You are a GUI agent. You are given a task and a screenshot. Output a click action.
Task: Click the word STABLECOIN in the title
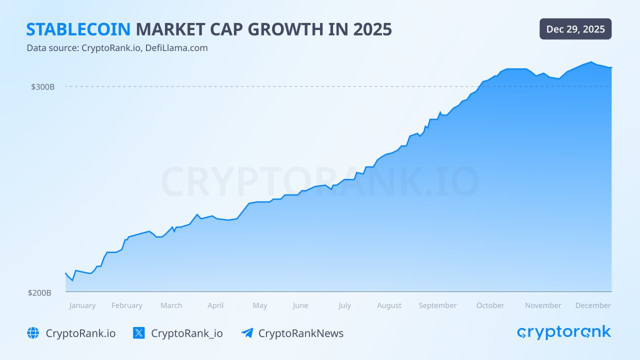click(x=78, y=29)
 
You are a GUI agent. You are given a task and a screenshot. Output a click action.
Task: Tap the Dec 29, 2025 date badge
click(x=575, y=29)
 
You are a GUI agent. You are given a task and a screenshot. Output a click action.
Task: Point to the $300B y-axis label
click(x=43, y=87)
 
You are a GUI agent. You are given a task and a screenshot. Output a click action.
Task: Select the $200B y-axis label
click(x=39, y=293)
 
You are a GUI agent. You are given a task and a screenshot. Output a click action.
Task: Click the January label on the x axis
click(x=82, y=305)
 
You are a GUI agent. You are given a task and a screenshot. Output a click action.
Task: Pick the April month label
click(x=215, y=305)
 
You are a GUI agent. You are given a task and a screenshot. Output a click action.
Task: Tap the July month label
click(x=344, y=305)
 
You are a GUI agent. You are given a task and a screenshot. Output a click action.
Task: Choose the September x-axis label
click(x=437, y=305)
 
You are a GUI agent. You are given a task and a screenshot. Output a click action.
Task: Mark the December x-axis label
click(x=593, y=305)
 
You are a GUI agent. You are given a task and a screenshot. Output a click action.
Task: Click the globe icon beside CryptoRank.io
click(x=33, y=333)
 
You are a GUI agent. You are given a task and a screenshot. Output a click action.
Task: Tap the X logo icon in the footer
click(x=139, y=333)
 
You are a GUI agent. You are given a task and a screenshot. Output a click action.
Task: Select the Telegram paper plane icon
click(x=247, y=333)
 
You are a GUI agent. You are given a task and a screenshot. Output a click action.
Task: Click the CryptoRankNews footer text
click(x=301, y=333)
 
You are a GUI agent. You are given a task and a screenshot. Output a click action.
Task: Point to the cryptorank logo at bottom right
click(x=564, y=332)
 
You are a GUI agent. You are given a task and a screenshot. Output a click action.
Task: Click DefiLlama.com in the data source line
click(x=176, y=48)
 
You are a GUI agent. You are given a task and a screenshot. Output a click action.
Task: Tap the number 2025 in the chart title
click(x=372, y=29)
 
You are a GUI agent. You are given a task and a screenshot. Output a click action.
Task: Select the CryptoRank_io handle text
click(x=187, y=333)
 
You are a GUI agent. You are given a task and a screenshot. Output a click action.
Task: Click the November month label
click(x=543, y=305)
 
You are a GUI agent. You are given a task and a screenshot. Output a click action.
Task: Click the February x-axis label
click(x=127, y=305)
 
